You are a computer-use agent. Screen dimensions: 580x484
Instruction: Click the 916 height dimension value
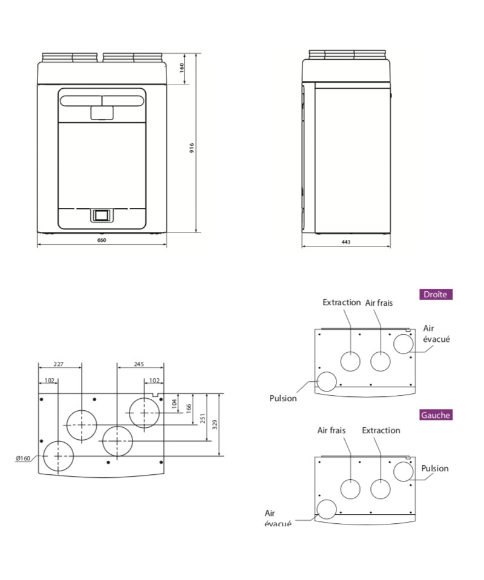point(191,149)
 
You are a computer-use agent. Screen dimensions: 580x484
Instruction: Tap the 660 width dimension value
point(102,241)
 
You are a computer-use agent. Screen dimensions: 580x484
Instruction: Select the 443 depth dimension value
point(345,242)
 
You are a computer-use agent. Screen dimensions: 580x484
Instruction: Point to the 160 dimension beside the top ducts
point(182,68)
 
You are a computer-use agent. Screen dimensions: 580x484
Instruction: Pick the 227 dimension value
point(59,364)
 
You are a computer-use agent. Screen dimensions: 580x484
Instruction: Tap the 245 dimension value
point(139,364)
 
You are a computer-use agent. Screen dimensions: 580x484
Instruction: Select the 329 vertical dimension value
point(214,424)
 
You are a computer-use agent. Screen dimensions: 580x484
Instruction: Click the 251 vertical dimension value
point(203,419)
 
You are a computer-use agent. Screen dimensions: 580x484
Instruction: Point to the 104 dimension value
point(175,404)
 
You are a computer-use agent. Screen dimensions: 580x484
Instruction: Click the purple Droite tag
point(436,295)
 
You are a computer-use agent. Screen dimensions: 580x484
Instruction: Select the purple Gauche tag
point(436,415)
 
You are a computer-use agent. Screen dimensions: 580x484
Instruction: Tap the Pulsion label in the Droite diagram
point(283,398)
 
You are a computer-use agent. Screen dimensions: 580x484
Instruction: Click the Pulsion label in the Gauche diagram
point(435,468)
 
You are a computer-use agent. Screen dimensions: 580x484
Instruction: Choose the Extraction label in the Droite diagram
point(342,302)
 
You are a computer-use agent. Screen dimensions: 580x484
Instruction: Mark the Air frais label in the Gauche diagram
point(332,430)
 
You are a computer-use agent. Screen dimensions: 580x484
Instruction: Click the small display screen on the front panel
point(102,214)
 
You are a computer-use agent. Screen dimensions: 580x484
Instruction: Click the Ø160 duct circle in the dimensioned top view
point(58,456)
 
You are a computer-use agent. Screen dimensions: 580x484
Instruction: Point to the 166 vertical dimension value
point(189,408)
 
